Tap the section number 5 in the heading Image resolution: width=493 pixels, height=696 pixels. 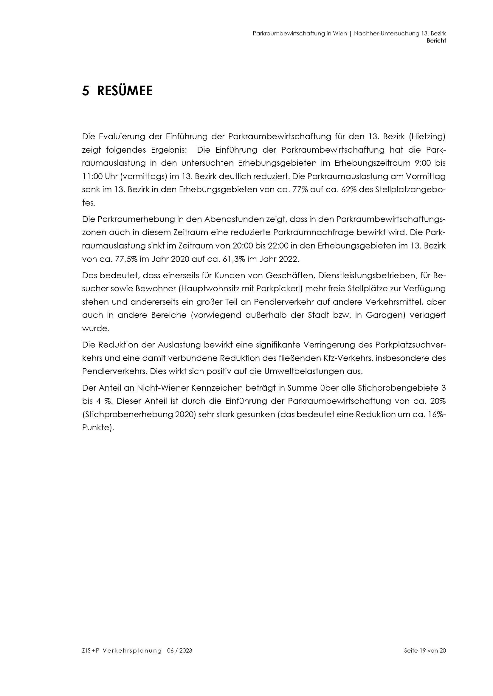point(86,91)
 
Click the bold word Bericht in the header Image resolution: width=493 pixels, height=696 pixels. point(436,41)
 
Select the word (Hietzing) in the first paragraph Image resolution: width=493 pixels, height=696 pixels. point(427,137)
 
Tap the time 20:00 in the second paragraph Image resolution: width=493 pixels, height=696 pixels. point(242,246)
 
